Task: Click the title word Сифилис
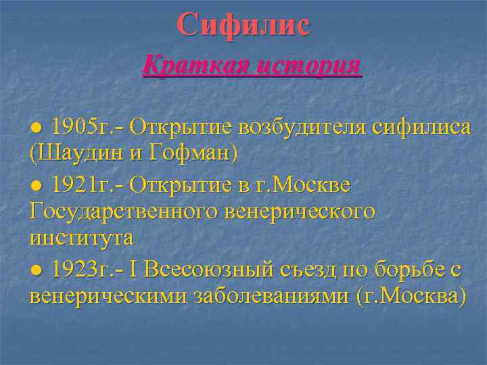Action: click(x=243, y=25)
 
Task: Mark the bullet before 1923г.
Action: click(x=38, y=271)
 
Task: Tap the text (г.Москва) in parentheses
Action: click(x=411, y=298)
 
